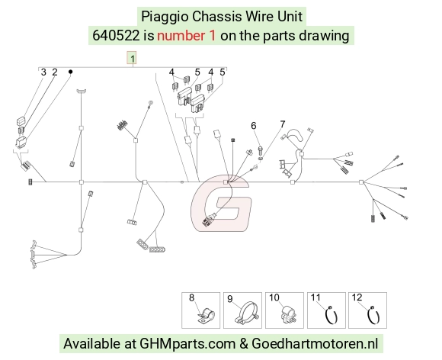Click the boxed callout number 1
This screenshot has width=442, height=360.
point(132,58)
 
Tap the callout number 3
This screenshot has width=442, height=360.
point(43,72)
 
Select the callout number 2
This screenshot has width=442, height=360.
point(55,72)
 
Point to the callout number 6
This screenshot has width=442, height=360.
point(254,126)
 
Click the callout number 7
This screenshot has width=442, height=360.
point(283,124)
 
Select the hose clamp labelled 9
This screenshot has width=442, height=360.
point(246,313)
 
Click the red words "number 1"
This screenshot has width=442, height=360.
point(187,36)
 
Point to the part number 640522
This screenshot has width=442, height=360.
point(116,36)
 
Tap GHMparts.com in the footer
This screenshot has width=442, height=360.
point(187,344)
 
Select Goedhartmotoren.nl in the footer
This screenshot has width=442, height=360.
point(315,344)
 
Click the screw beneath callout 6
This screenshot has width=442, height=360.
point(260,149)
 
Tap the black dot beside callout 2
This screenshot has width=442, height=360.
point(70,72)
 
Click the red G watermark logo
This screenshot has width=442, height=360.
point(220,203)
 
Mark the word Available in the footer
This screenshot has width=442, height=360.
point(91,344)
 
